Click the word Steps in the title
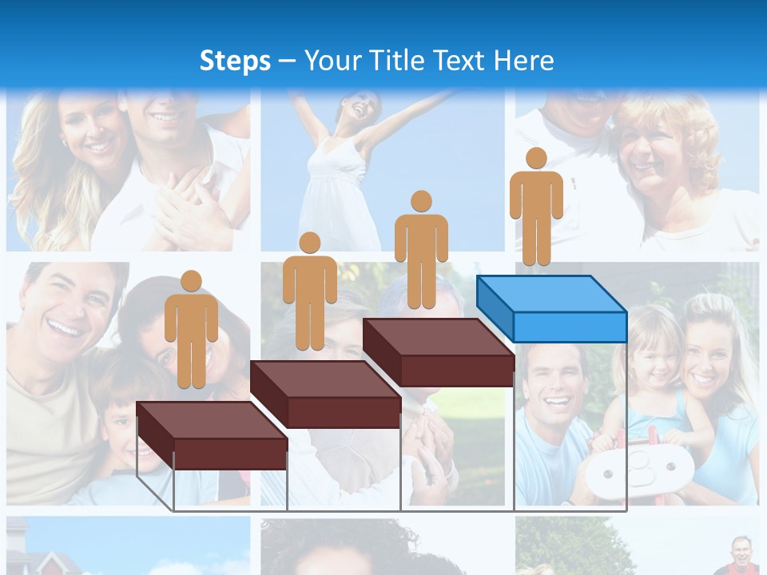pyautogui.click(x=235, y=61)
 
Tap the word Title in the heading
pyautogui.click(x=402, y=61)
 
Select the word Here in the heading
pyautogui.click(x=523, y=61)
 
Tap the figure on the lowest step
pyautogui.click(x=191, y=331)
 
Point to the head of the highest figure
pyautogui.click(x=536, y=158)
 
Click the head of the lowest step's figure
pyautogui.click(x=191, y=281)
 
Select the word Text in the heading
pyautogui.click(x=465, y=61)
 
